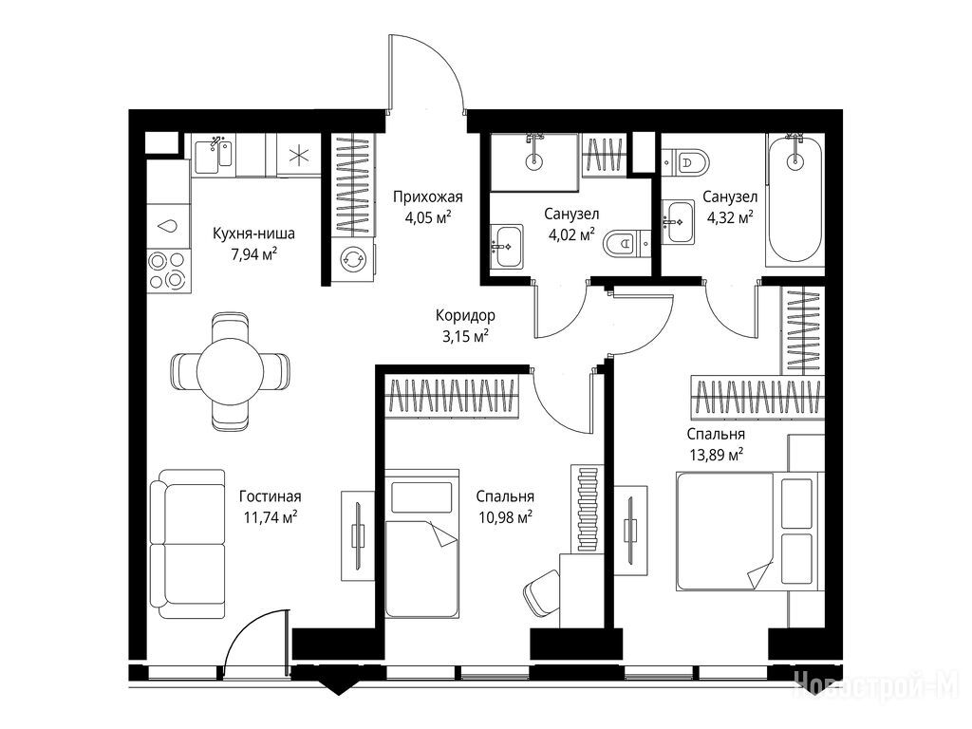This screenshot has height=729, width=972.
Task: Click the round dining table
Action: [x=230, y=371]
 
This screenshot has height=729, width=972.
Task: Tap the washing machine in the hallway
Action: [x=353, y=260]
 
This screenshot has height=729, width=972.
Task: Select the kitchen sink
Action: [x=214, y=156]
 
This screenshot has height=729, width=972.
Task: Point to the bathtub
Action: [x=794, y=201]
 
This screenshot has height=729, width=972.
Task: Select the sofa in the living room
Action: [x=188, y=544]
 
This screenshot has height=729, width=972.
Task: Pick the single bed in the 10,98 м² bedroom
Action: [x=421, y=543]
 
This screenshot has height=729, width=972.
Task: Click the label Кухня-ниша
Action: [x=253, y=234]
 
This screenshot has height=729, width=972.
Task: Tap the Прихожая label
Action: [x=428, y=197]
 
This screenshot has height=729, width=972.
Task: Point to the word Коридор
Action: [x=465, y=315]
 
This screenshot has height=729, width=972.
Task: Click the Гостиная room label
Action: [x=271, y=496]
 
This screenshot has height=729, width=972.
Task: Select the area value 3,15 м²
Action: [x=464, y=336]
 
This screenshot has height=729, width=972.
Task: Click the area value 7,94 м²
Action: [x=253, y=254]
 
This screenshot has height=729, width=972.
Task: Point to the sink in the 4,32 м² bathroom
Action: [x=678, y=221]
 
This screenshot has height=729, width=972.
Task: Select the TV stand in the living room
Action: [x=358, y=535]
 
